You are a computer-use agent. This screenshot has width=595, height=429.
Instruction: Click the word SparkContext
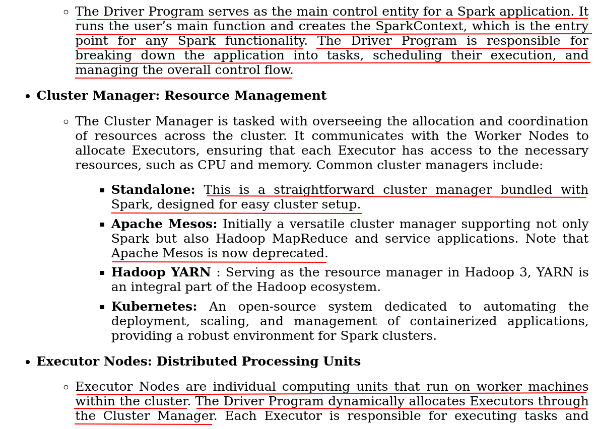tap(426, 27)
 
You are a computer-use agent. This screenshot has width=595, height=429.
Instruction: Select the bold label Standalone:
tap(153, 190)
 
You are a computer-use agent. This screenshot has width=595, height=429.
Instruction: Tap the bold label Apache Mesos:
tap(164, 225)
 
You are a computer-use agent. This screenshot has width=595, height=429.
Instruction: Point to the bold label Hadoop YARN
tap(161, 273)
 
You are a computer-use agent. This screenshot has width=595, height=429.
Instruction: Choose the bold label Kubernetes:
tap(154, 307)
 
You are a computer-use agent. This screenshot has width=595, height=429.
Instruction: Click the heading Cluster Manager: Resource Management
tap(181, 96)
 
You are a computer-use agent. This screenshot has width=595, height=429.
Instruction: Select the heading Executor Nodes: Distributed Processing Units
tap(199, 362)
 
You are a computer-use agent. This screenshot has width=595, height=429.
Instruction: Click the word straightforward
tap(324, 190)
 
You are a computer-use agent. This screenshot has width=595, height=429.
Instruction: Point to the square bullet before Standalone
tap(102, 190)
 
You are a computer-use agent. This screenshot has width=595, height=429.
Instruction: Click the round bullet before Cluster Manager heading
tap(28, 97)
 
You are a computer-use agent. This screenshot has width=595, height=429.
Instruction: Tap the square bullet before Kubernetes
tap(102, 307)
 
